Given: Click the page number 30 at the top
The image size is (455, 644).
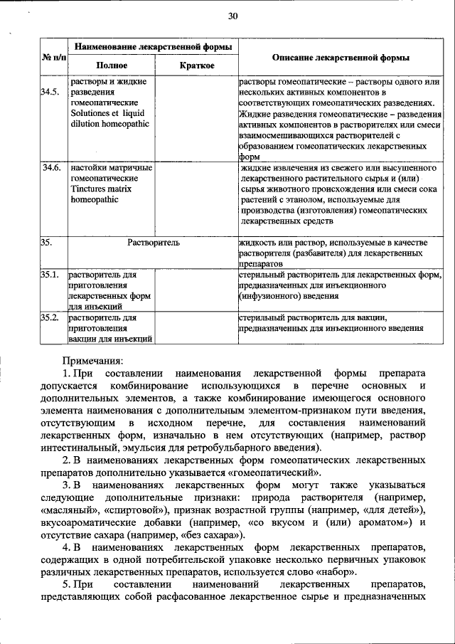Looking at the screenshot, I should [232, 16].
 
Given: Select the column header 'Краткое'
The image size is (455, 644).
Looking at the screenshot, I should [196, 65].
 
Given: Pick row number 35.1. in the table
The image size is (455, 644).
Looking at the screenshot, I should [49, 274].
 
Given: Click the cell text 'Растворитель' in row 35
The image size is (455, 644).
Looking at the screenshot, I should [153, 243].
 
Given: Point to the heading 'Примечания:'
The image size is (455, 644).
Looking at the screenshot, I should [93, 360].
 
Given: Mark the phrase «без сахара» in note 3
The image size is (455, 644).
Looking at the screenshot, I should [218, 534].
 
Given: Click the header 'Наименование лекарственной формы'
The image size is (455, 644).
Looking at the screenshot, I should [153, 46].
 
